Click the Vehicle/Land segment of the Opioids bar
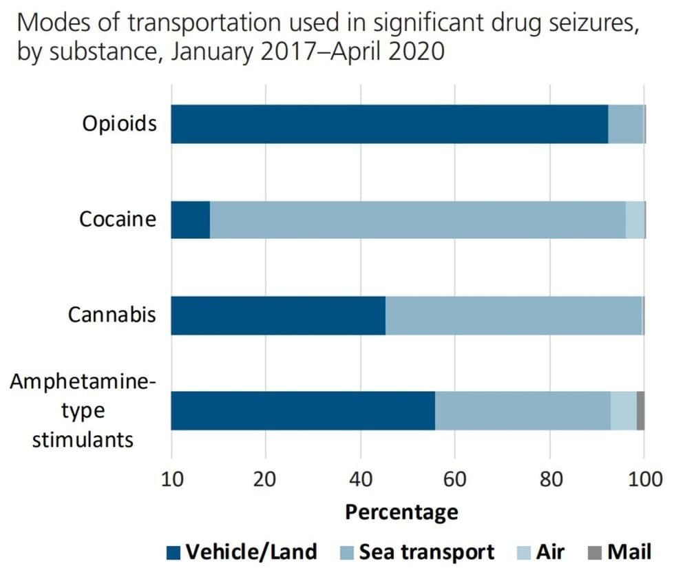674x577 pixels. point(389,124)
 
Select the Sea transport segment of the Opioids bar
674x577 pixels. point(626,124)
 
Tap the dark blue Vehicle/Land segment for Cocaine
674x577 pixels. point(190,220)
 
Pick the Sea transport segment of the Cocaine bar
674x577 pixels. point(417,220)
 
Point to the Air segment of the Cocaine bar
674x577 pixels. point(635,220)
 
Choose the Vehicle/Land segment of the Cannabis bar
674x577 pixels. point(278,315)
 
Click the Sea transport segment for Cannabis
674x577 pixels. point(514,315)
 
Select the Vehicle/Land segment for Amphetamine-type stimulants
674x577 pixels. point(303,411)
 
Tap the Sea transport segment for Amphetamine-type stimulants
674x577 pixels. point(523,411)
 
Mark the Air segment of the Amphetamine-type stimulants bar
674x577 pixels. point(623,411)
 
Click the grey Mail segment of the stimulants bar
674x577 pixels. point(640,411)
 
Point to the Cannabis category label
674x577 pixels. point(112,315)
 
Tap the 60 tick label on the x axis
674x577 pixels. point(454,479)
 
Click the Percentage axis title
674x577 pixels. point(401,512)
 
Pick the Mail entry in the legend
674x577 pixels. point(627,552)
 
